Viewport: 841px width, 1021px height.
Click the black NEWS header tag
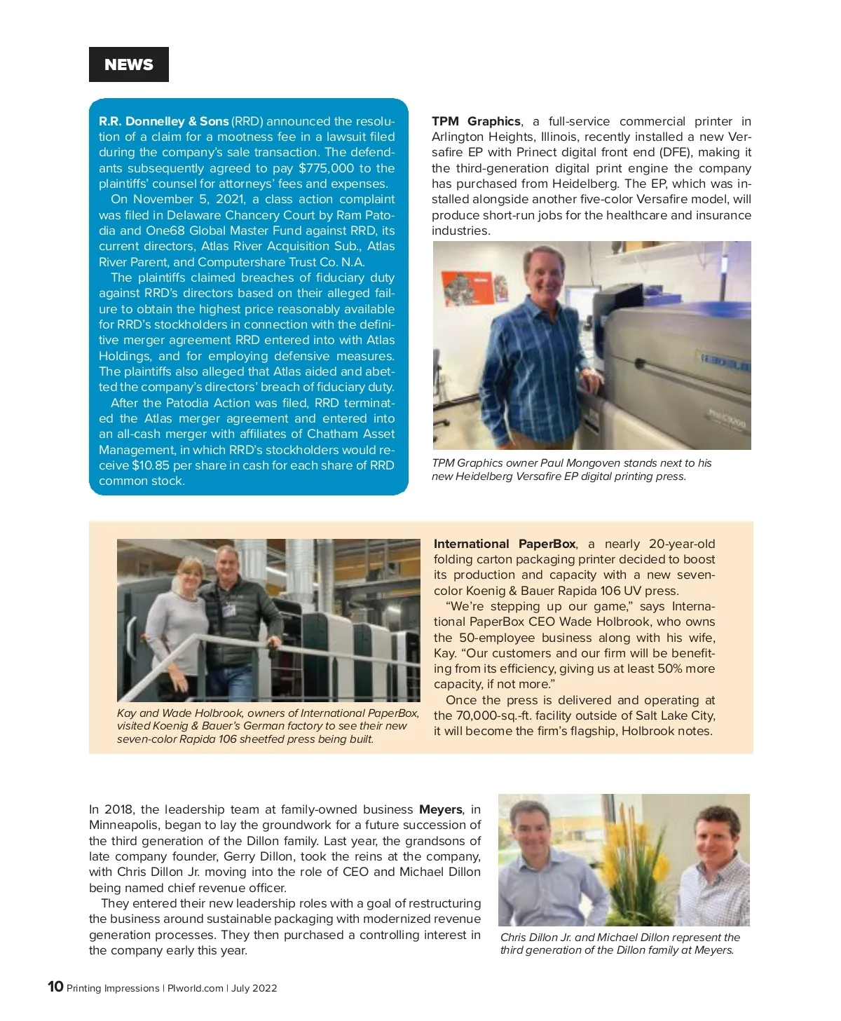pos(129,64)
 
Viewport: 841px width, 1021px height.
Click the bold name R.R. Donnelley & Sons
pos(163,121)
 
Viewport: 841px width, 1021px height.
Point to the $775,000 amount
pos(326,168)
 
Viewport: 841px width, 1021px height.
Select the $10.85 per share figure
pos(151,465)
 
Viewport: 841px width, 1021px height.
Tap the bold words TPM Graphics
pos(476,121)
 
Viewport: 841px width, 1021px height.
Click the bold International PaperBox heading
pos(505,544)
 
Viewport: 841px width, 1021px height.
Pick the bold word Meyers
pos(441,809)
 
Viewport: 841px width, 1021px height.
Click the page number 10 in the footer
pos(55,987)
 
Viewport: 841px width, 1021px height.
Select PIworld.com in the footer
pos(195,988)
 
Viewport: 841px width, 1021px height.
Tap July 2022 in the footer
pos(254,988)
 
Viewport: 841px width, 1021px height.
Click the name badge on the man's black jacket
pos(228,609)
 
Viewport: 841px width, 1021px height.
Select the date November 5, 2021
pos(187,199)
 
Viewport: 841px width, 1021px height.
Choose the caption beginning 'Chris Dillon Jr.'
pos(620,943)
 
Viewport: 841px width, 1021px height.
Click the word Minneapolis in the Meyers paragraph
pos(125,825)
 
